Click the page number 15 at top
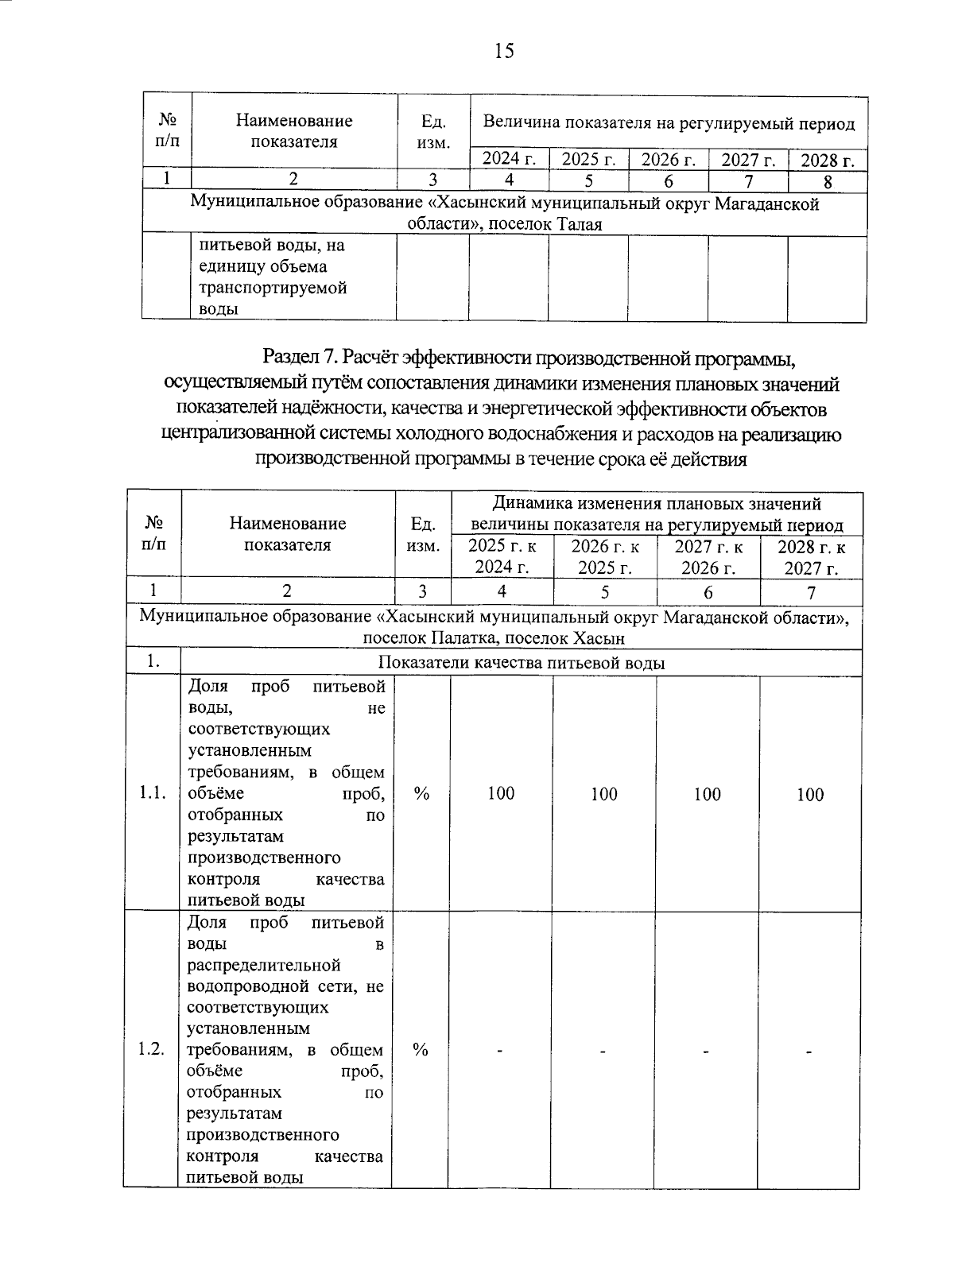click(504, 52)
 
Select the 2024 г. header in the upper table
click(509, 160)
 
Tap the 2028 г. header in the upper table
click(827, 161)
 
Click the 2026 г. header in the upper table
click(668, 160)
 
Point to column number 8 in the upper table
click(827, 181)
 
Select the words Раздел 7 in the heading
click(305, 358)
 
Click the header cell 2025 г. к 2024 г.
click(502, 557)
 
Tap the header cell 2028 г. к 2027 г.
click(811, 557)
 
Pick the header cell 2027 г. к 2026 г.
click(708, 557)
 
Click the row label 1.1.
click(152, 793)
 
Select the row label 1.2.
click(150, 1049)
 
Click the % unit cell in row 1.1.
click(422, 793)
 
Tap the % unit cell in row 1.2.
click(421, 1049)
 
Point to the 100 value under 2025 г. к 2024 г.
click(501, 793)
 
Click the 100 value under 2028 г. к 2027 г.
click(810, 794)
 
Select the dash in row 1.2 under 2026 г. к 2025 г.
click(603, 1051)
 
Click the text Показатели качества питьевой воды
click(522, 663)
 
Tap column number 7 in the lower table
click(811, 591)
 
